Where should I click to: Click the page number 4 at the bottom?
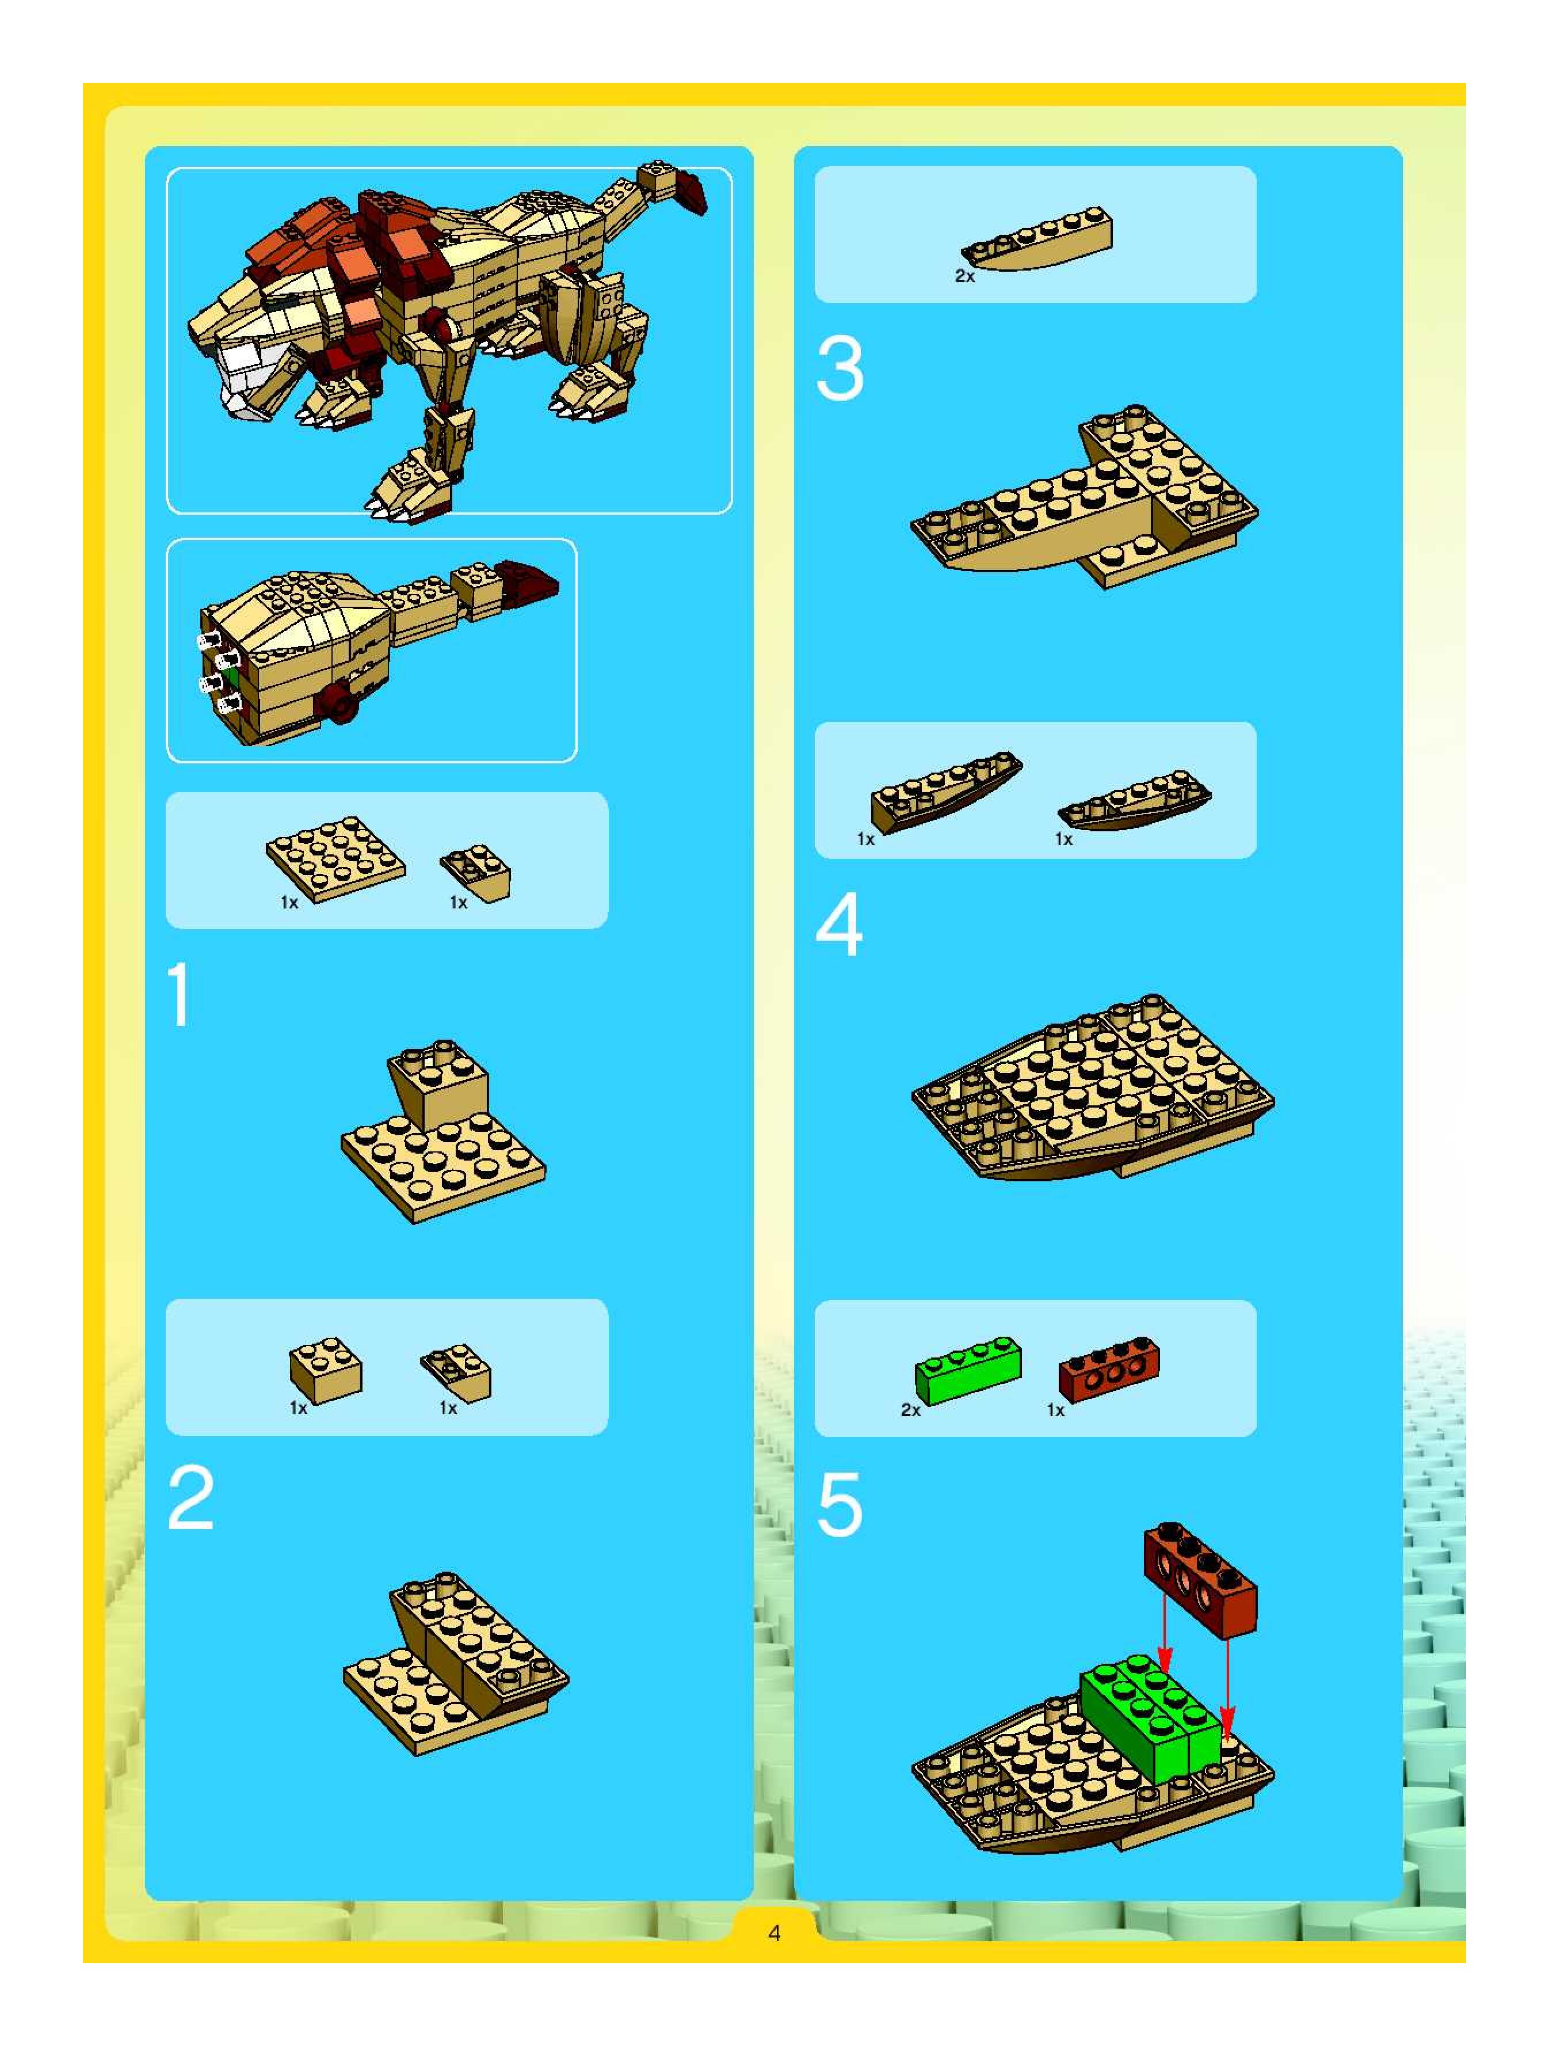(774, 1932)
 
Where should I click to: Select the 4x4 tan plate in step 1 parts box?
(335, 858)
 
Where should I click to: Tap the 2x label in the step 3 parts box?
(964, 276)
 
